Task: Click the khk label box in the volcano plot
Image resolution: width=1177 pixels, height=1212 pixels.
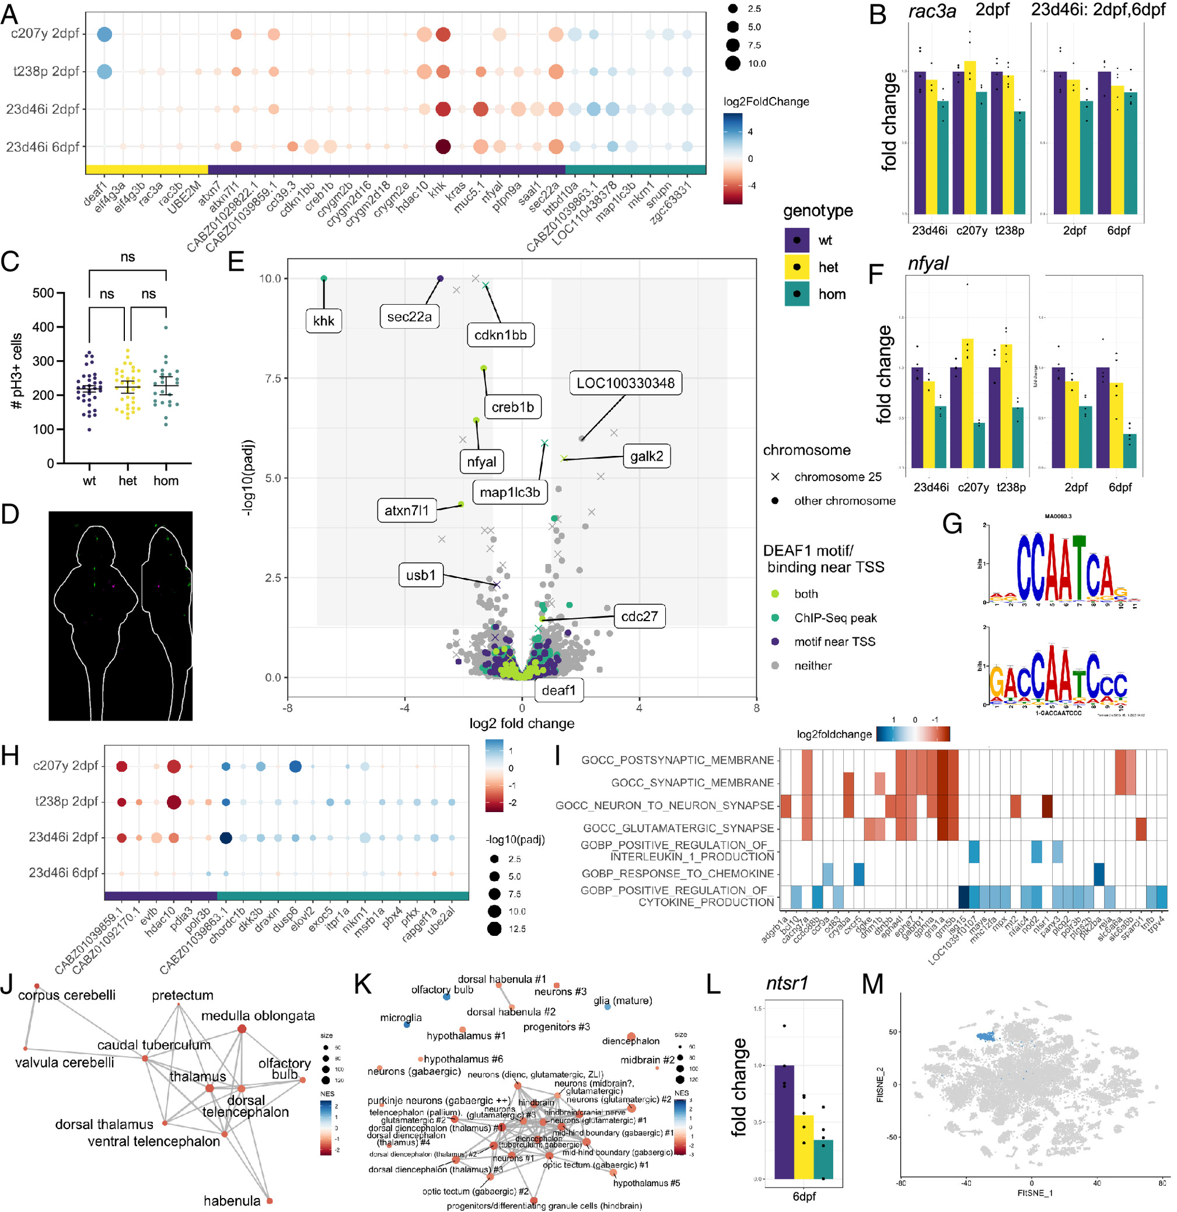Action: coord(323,321)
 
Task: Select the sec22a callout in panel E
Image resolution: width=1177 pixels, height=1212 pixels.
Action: coord(409,317)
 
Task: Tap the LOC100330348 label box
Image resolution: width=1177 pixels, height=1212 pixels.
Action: coord(625,384)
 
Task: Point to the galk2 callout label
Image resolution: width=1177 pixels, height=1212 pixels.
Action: coord(646,457)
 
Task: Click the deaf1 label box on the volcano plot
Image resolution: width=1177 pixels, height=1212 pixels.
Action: coord(558,690)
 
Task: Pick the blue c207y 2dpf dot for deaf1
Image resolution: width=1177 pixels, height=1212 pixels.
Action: coord(104,34)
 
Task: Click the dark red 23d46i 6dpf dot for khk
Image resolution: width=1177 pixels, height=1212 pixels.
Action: coord(442,147)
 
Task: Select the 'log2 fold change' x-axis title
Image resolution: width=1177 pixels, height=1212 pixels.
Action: coord(522,723)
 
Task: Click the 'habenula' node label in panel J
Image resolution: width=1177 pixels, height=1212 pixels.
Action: coord(232,1201)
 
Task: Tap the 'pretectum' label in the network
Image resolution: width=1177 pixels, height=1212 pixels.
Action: coord(183,995)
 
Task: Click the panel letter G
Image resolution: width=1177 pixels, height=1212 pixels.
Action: coord(952,524)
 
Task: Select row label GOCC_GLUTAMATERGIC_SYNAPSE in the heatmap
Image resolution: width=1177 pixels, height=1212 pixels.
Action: coord(678,828)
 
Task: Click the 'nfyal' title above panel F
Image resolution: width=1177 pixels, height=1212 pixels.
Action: coord(928,264)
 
